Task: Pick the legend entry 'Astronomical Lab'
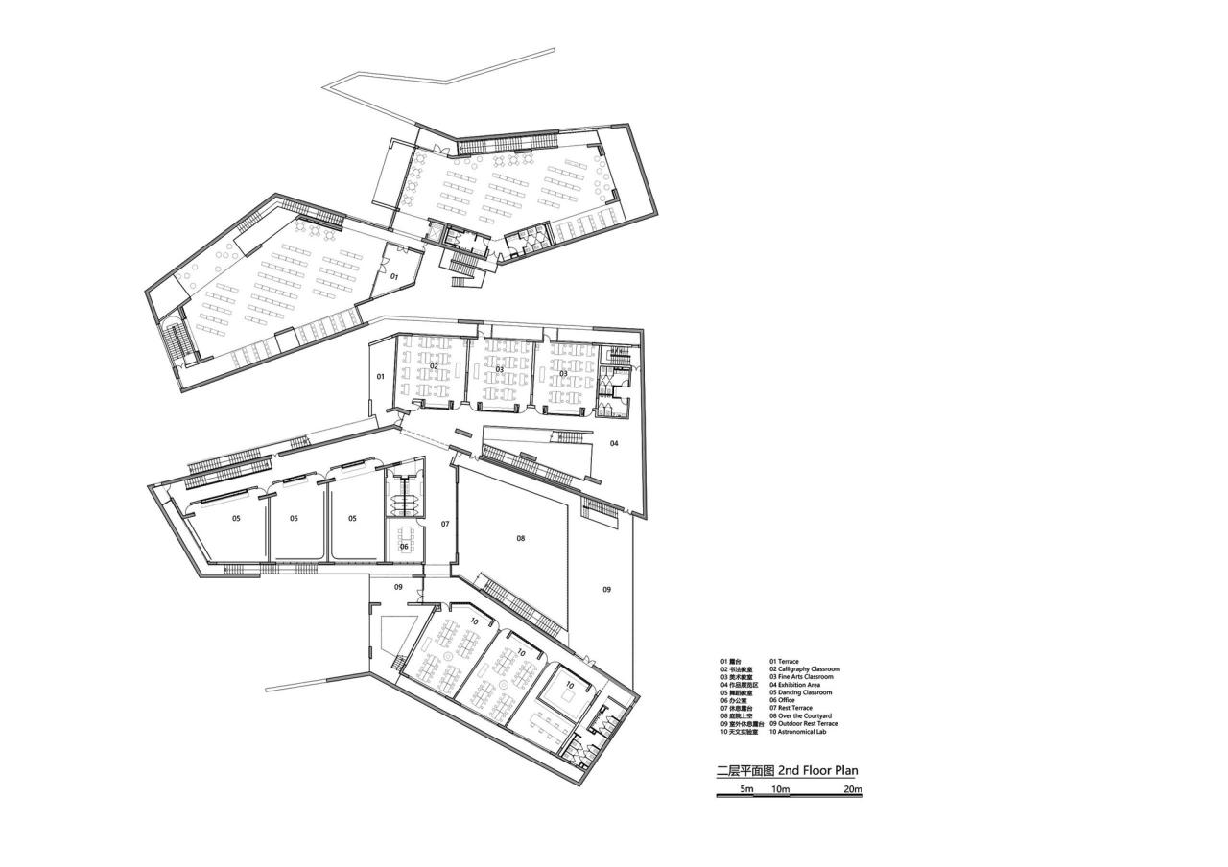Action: coord(800,732)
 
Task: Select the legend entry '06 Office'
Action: coord(782,700)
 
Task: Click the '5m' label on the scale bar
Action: coord(746,789)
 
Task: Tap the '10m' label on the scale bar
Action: coord(780,789)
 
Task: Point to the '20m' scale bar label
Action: coord(853,789)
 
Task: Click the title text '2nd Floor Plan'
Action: coord(818,769)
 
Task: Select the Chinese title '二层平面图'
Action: coord(745,769)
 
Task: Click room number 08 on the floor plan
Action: coord(521,539)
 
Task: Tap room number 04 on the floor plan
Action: coord(614,443)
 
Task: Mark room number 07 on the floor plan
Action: coord(445,524)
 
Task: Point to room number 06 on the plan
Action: coord(404,547)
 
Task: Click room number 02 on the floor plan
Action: coord(434,366)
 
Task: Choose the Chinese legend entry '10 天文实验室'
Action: coord(740,732)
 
